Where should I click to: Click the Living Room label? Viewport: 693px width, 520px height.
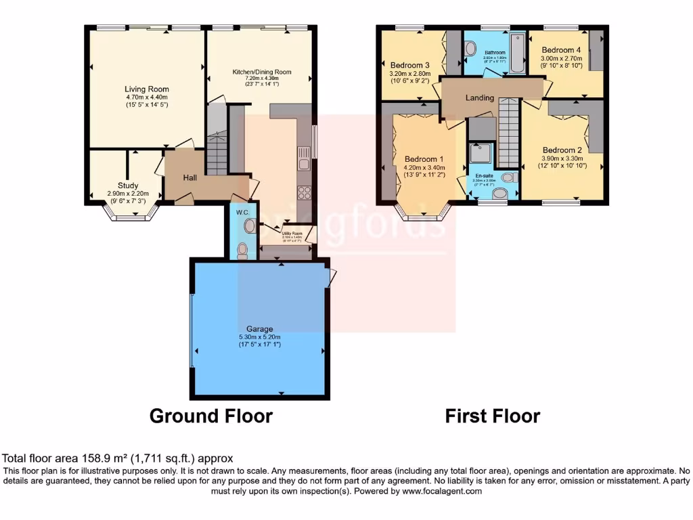click(x=147, y=89)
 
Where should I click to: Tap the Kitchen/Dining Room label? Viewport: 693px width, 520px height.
click(x=261, y=72)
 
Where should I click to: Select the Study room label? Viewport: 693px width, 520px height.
click(x=128, y=186)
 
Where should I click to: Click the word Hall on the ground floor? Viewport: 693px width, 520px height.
click(x=190, y=177)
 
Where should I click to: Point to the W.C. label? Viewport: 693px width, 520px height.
click(x=242, y=212)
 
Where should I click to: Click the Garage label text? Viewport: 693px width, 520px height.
click(x=261, y=329)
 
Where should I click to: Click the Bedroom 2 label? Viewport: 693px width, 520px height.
click(x=562, y=150)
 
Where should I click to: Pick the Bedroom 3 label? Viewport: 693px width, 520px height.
click(x=409, y=65)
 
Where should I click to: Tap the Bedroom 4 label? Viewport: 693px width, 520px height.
click(x=561, y=50)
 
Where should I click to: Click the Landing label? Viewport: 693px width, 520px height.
click(x=479, y=98)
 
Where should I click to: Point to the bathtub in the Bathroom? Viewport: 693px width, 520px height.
click(x=517, y=53)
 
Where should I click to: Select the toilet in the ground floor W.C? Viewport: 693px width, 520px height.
click(x=242, y=250)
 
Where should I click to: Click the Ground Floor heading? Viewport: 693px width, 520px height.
click(x=210, y=416)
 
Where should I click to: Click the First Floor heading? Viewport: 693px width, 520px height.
click(x=492, y=416)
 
